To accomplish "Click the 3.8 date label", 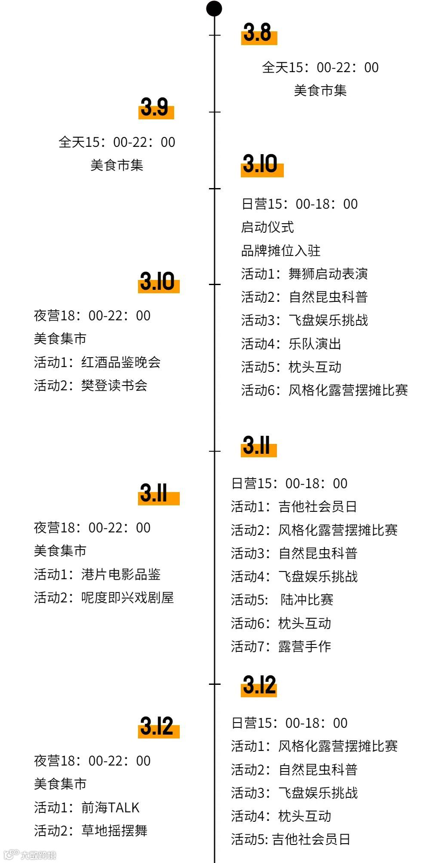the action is pos(258,33).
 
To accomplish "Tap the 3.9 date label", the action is pos(155,107).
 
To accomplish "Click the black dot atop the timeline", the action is pos(214,9).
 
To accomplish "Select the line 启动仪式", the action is pos(267,227).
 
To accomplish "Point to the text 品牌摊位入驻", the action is pos(281,251).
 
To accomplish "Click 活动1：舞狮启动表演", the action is pos(304,274).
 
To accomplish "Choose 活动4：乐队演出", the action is pos(291,344).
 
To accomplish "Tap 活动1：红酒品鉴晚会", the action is pos(97,362).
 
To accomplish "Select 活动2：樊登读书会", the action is pos(91,386).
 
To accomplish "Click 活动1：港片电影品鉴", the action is pos(97,574).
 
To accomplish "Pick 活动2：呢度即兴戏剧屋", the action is pos(104,598).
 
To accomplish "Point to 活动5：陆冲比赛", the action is pos(282,600).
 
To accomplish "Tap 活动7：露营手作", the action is pos(281,647).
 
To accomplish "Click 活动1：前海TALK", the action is pos(87,808).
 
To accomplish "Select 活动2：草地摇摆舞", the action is pos(91,831).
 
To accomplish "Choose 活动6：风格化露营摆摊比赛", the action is pos(324,390).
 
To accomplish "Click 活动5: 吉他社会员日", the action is pos(291,839).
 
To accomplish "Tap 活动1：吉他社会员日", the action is pos(294,507).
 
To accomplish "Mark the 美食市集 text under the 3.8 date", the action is pos(320,91).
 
